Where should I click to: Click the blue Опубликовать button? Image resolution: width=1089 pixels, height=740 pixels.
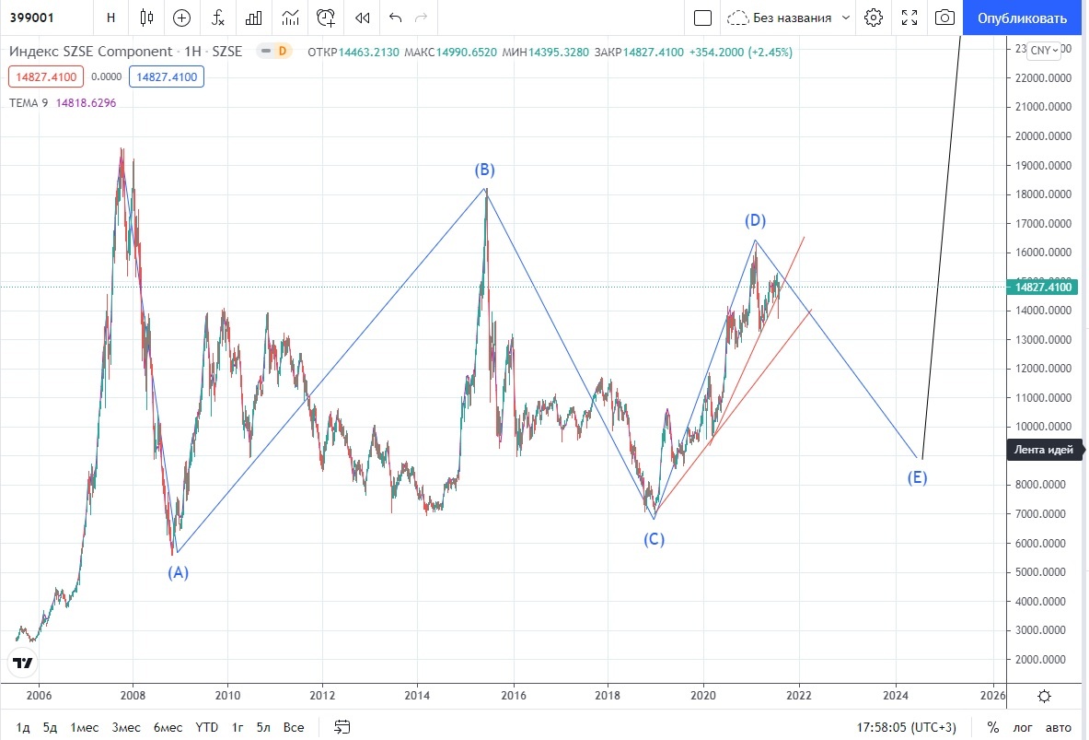point(1023,18)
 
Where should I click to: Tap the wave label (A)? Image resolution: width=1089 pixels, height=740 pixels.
point(178,572)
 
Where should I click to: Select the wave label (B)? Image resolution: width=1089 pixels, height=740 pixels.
point(485,170)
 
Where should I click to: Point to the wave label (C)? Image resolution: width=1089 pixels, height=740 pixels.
point(654,539)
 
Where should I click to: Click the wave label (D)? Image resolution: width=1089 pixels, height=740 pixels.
point(756,220)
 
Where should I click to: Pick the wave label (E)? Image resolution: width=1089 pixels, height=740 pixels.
point(917,477)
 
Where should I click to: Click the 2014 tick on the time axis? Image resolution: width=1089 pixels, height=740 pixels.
point(418,695)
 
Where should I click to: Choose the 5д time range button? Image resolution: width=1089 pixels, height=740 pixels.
point(50,727)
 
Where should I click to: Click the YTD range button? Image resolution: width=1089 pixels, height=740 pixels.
point(206,727)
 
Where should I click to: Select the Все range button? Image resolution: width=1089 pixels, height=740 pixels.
point(294,727)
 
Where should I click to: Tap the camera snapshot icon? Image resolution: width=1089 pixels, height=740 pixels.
point(944,18)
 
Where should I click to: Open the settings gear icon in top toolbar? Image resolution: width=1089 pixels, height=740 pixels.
point(874,18)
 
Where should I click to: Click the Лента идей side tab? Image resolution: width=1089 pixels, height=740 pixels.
point(1043,450)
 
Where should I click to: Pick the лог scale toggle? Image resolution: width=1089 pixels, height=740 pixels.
point(1023,727)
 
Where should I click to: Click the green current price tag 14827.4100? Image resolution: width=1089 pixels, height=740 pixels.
point(1045,288)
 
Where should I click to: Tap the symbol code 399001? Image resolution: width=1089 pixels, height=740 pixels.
point(29,18)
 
